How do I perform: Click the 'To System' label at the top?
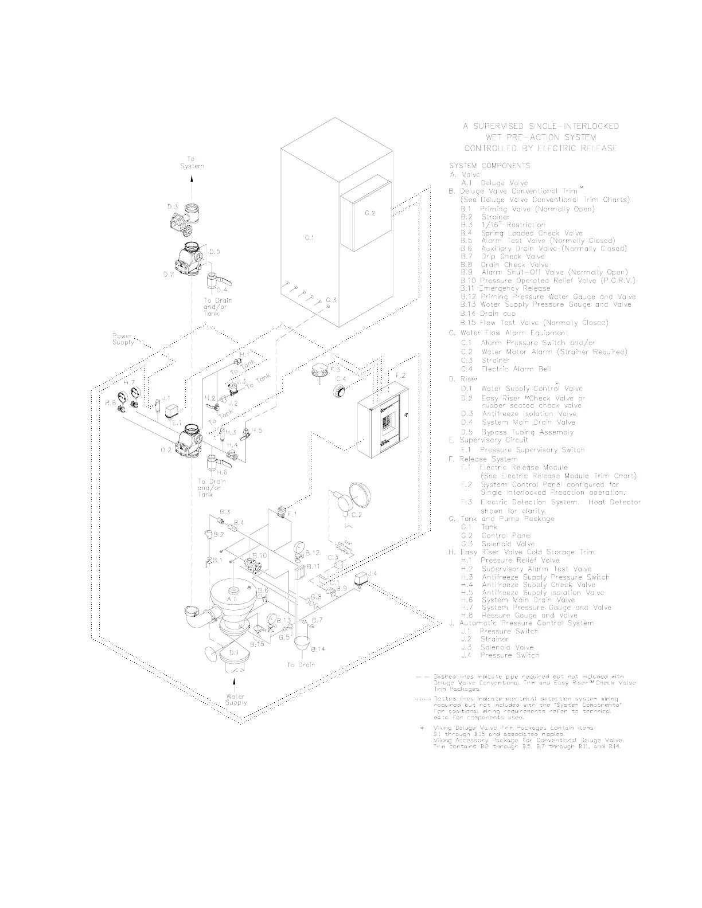tap(192, 162)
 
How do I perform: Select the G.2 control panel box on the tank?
tap(366, 221)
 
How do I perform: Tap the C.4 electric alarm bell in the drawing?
tap(341, 391)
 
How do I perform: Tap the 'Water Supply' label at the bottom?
tap(236, 699)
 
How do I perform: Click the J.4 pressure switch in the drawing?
tap(361, 578)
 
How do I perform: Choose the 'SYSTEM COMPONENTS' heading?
tap(489, 166)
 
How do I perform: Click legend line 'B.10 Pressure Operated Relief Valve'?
tap(548, 281)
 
